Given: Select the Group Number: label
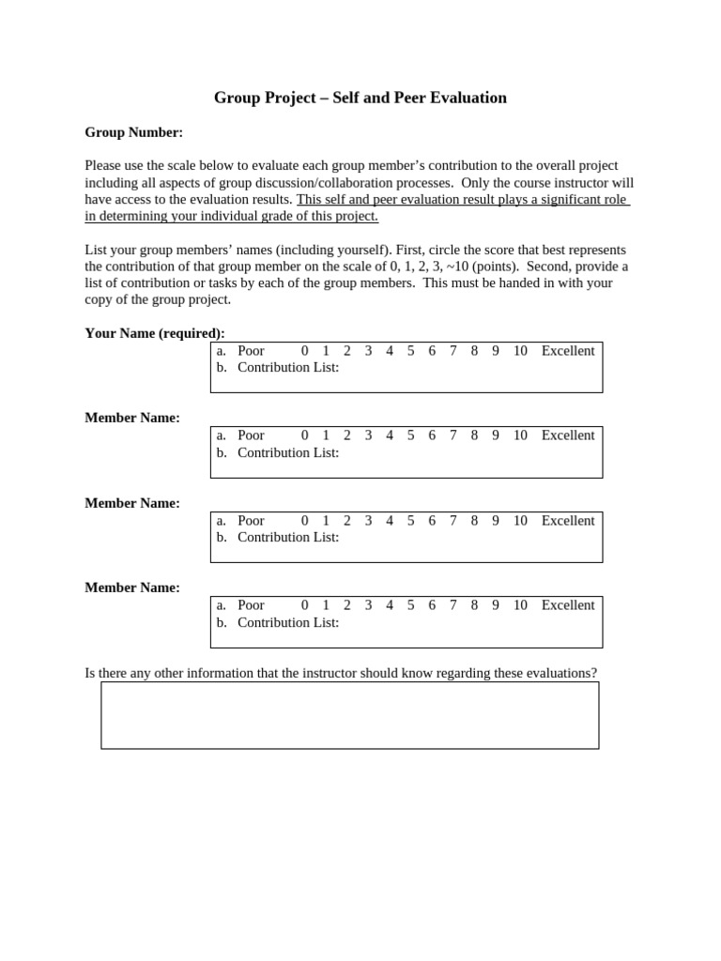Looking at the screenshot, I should click(x=133, y=132).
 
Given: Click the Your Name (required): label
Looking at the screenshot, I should click(x=155, y=333).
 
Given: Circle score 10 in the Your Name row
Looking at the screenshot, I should click(x=520, y=351).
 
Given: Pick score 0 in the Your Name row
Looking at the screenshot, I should click(x=305, y=351).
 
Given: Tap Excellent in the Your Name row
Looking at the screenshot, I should click(x=568, y=351).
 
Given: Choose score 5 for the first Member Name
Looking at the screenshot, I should click(x=410, y=435).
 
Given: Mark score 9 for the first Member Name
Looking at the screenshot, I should click(x=496, y=435).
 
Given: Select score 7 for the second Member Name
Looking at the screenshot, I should click(x=453, y=521).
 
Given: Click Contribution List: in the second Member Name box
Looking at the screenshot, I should click(x=288, y=538).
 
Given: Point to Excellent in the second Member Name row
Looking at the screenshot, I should click(x=568, y=521).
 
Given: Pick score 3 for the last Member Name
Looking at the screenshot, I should click(x=368, y=605).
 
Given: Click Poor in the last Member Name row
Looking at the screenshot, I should click(x=251, y=605).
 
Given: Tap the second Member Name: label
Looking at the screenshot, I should click(x=132, y=503).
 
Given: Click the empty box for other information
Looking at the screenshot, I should click(x=349, y=715).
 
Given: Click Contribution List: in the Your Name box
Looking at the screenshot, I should click(x=288, y=368).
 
